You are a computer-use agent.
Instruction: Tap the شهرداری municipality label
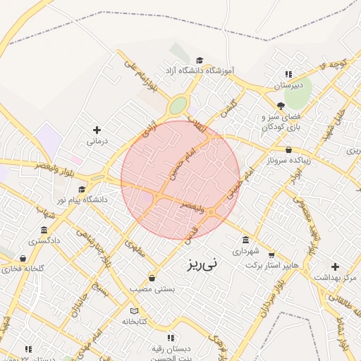[246, 250]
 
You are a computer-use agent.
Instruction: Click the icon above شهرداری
[245, 239]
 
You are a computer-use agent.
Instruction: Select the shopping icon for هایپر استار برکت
[271, 255]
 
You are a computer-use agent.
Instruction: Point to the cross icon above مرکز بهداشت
[335, 267]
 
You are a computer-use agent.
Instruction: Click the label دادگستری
[44, 240]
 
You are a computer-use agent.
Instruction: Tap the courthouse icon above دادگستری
[44, 230]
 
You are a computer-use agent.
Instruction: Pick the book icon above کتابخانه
[134, 311]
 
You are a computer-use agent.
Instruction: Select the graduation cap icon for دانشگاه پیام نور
[82, 190]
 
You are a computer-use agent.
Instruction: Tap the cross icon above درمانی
[97, 130]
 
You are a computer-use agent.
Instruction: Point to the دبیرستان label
[288, 85]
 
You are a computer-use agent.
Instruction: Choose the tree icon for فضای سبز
[281, 105]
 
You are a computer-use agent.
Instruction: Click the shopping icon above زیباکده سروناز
[289, 149]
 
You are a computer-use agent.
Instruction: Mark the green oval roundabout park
[178, 106]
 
